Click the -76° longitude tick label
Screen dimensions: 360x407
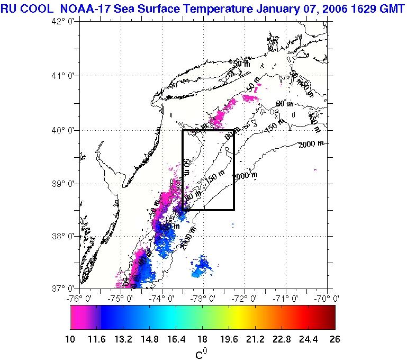80,298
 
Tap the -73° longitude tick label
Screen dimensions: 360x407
204,298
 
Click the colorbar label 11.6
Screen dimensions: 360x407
101,339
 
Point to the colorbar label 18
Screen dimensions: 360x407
202,339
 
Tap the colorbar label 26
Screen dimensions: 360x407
334,339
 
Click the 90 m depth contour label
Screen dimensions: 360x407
284,104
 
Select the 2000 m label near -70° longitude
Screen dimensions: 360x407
311,145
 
